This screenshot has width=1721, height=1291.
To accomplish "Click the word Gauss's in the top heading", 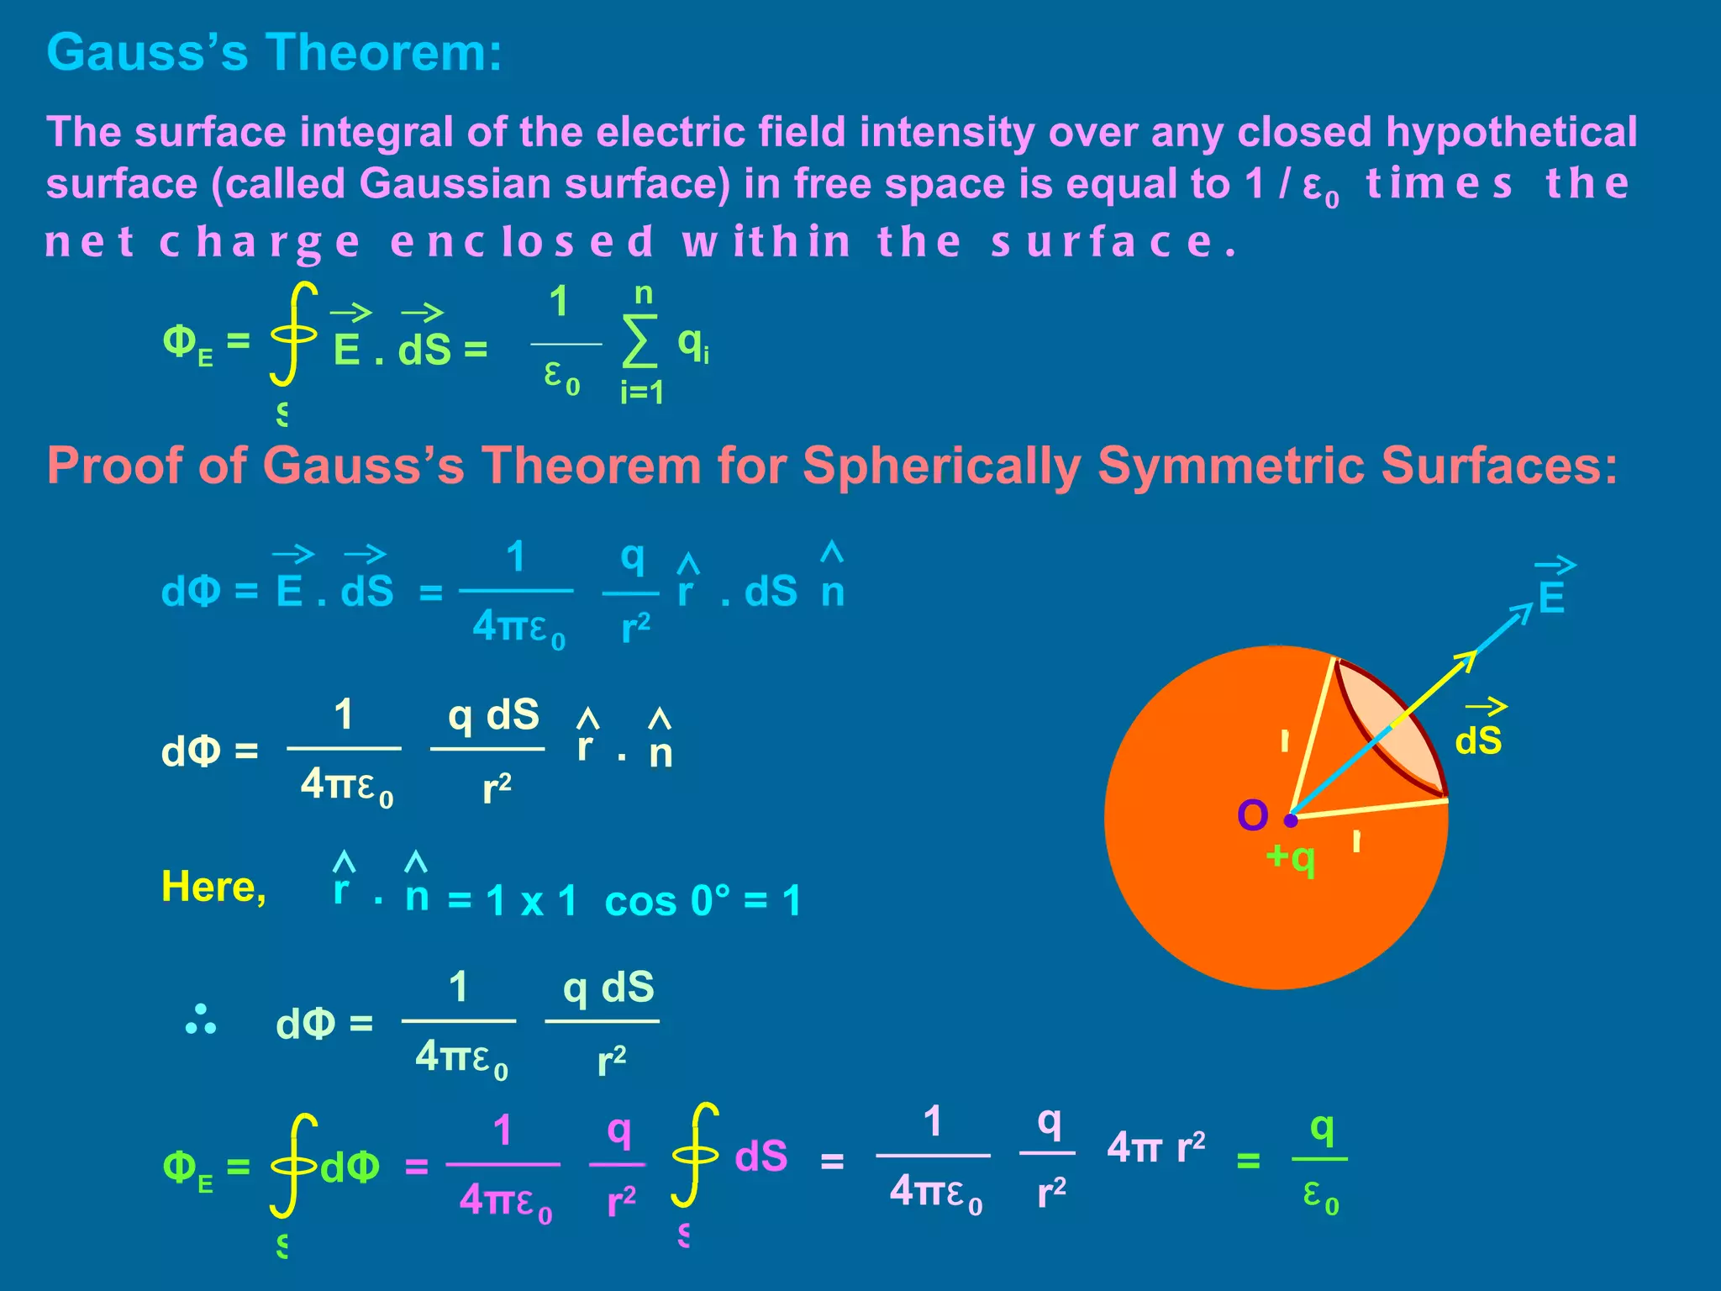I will click(x=148, y=52).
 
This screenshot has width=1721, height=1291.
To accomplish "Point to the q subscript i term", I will click(x=692, y=344).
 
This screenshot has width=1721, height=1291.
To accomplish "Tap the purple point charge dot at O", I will click(x=1292, y=819).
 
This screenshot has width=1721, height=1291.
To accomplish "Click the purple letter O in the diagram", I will click(x=1252, y=815).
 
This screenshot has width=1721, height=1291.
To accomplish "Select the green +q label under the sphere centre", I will click(x=1291, y=857).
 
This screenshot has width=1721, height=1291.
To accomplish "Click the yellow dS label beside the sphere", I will click(x=1478, y=740).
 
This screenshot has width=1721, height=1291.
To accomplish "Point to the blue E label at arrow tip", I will click(x=1551, y=598).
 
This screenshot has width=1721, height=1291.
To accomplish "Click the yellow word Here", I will click(x=213, y=888).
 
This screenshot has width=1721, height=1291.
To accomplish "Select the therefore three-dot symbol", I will click(x=200, y=1020).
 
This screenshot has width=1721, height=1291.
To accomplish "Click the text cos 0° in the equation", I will click(x=665, y=902).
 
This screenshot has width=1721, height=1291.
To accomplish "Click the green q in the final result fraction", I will click(x=1322, y=1129).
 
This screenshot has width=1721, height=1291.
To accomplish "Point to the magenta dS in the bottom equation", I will click(x=761, y=1157).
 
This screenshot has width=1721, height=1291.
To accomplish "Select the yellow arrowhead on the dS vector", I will click(x=1466, y=661).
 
